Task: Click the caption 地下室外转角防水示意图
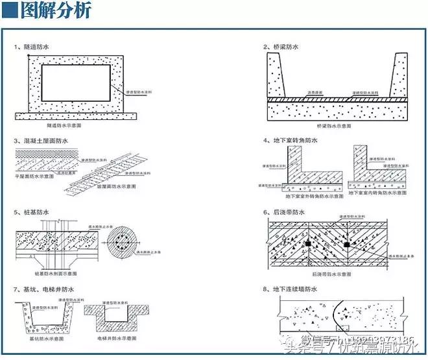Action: click(x=307, y=195)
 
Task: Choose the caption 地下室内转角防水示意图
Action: click(x=379, y=195)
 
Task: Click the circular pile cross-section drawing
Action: click(x=123, y=245)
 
